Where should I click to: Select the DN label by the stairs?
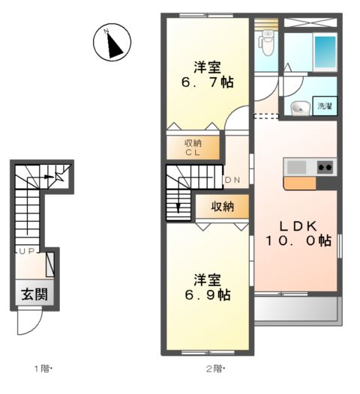(x=232, y=180)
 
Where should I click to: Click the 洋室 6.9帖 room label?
(x=207, y=288)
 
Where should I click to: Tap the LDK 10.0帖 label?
(x=296, y=232)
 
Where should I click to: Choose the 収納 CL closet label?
(x=193, y=147)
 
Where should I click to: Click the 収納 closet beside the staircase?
(x=221, y=206)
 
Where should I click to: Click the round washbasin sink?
(x=298, y=108)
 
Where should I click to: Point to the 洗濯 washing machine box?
(x=325, y=106)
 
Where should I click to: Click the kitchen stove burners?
(x=325, y=166)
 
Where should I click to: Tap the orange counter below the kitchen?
(x=299, y=182)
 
